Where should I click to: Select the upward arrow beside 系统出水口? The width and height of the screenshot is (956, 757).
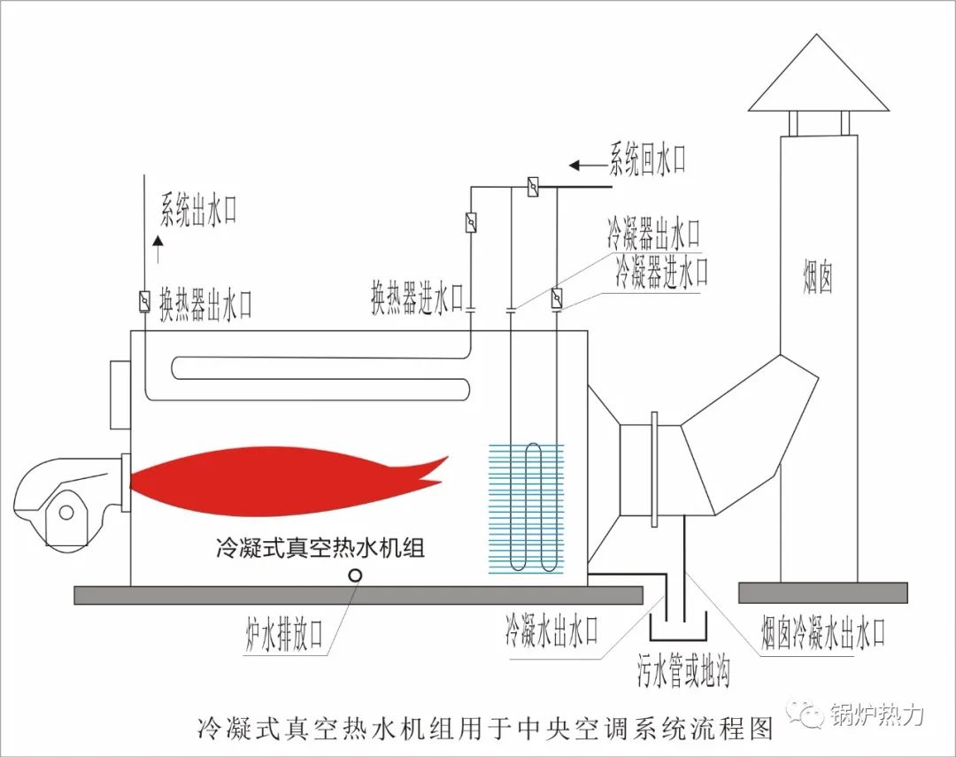click(158, 248)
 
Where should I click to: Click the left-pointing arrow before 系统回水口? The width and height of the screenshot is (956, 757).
click(589, 166)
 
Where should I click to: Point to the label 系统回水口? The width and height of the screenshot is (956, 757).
click(647, 160)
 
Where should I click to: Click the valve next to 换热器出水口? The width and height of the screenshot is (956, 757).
click(144, 301)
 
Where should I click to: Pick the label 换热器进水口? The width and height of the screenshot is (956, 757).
click(418, 297)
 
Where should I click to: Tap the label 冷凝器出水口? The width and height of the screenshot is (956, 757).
click(653, 233)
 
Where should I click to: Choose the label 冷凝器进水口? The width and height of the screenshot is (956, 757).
click(662, 272)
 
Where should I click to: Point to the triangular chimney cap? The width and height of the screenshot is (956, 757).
click(818, 73)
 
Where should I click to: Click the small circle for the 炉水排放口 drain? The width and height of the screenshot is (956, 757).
click(355, 575)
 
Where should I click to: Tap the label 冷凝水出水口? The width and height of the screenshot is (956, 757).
click(551, 630)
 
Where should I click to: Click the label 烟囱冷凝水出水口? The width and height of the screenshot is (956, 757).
click(823, 632)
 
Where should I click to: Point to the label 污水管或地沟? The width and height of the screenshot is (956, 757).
click(683, 671)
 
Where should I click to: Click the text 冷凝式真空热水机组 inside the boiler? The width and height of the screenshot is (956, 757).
click(320, 547)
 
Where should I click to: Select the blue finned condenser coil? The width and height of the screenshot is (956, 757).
click(526, 508)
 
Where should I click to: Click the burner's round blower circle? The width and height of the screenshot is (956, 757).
click(66, 511)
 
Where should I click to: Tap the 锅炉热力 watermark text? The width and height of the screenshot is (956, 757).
click(876, 714)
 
